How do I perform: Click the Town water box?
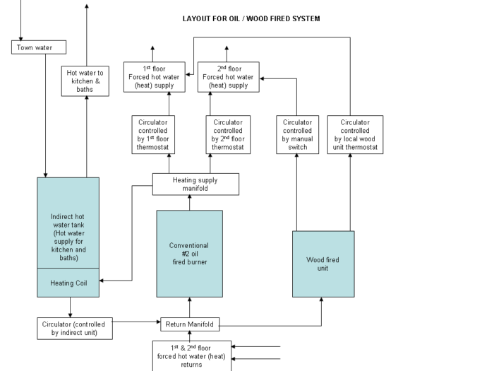click(x=39, y=47)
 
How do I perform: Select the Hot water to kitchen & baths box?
click(x=85, y=81)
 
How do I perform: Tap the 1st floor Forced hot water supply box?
click(x=155, y=77)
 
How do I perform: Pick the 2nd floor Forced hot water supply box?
click(x=229, y=77)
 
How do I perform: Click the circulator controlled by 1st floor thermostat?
click(x=153, y=135)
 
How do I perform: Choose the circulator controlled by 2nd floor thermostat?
click(x=228, y=135)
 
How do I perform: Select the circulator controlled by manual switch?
click(x=297, y=135)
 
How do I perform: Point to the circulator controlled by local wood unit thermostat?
click(x=355, y=135)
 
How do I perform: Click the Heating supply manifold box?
click(x=195, y=184)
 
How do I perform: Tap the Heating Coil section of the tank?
click(x=68, y=283)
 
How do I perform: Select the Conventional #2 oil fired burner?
click(x=190, y=254)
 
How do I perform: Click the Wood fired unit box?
click(x=323, y=264)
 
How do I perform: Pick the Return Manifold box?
click(x=190, y=324)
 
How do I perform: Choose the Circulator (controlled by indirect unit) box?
click(x=75, y=329)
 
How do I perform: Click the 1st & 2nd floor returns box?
click(x=192, y=356)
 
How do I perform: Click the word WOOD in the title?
click(x=257, y=18)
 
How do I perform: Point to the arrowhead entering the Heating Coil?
click(x=102, y=281)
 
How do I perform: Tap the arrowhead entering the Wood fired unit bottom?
click(x=321, y=300)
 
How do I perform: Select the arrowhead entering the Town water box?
click(x=20, y=38)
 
